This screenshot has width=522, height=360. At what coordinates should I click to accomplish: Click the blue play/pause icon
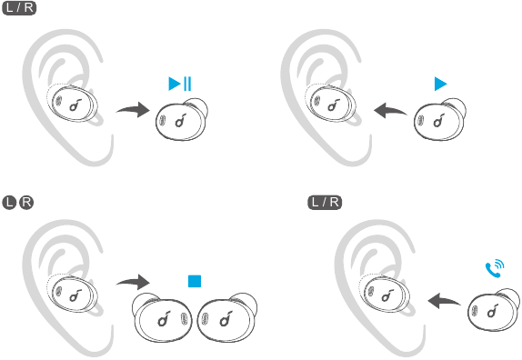coord(180,84)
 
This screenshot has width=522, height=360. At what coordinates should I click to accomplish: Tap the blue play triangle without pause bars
coord(440,84)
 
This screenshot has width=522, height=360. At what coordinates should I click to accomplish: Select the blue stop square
coord(195,281)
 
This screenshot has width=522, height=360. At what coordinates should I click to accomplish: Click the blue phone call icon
coord(495,268)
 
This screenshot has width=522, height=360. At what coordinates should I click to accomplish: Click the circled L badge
coord(9,203)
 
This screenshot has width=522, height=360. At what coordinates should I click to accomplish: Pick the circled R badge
coord(26,203)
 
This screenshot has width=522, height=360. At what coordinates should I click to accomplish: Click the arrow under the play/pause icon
coord(134,109)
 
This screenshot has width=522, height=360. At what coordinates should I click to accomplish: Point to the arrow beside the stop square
coord(133,282)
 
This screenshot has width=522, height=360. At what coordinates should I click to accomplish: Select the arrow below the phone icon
coord(444,300)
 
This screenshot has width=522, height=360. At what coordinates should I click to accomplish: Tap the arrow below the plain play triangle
coord(390,111)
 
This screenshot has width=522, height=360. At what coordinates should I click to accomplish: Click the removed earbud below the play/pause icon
coord(182,120)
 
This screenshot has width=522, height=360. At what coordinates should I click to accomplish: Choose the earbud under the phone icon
coord(494,310)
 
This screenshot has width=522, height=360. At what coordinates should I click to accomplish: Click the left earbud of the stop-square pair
coord(162,318)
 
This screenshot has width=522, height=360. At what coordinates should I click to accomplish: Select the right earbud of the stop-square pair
coord(227,318)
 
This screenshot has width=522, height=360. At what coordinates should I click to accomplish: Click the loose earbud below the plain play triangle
coord(440,120)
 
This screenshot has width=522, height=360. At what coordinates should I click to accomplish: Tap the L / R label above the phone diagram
coord(325,203)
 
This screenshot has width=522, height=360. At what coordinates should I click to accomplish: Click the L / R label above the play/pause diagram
coord(19,7)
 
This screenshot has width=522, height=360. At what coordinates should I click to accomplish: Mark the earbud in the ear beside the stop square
coord(74,294)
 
